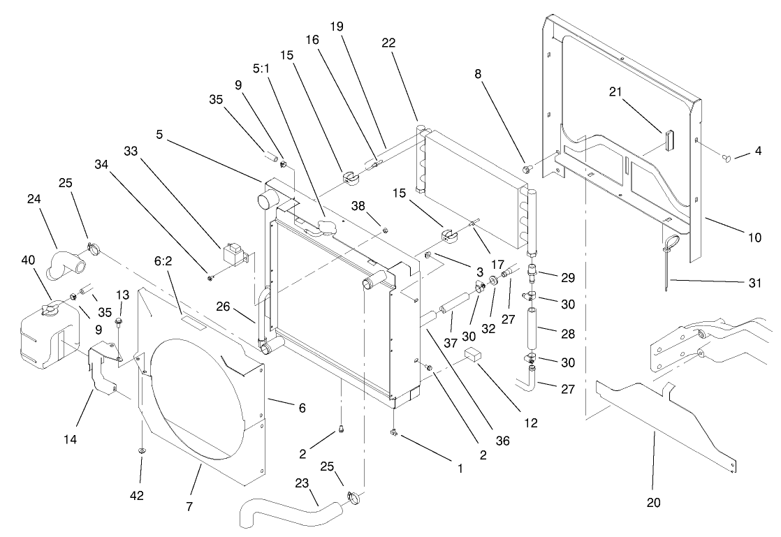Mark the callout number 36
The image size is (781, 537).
(x=502, y=441)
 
